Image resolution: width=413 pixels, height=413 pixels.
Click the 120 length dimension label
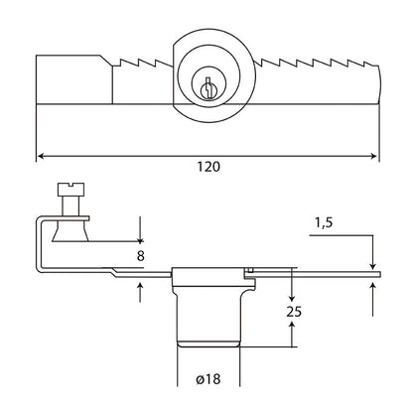click(208, 166)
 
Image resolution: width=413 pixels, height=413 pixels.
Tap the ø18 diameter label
click(207, 379)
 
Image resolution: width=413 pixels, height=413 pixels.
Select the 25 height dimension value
click(294, 312)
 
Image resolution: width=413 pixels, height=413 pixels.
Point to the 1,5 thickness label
click(324, 223)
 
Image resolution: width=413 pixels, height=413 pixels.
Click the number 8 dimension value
click(141, 256)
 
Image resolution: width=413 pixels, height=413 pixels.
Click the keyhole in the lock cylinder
click(207, 88)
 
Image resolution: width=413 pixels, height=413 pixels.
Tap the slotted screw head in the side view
click(70, 189)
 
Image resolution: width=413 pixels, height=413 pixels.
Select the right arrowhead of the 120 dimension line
click(374, 156)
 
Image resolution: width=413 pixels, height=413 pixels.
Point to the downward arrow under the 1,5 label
click(372, 252)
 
